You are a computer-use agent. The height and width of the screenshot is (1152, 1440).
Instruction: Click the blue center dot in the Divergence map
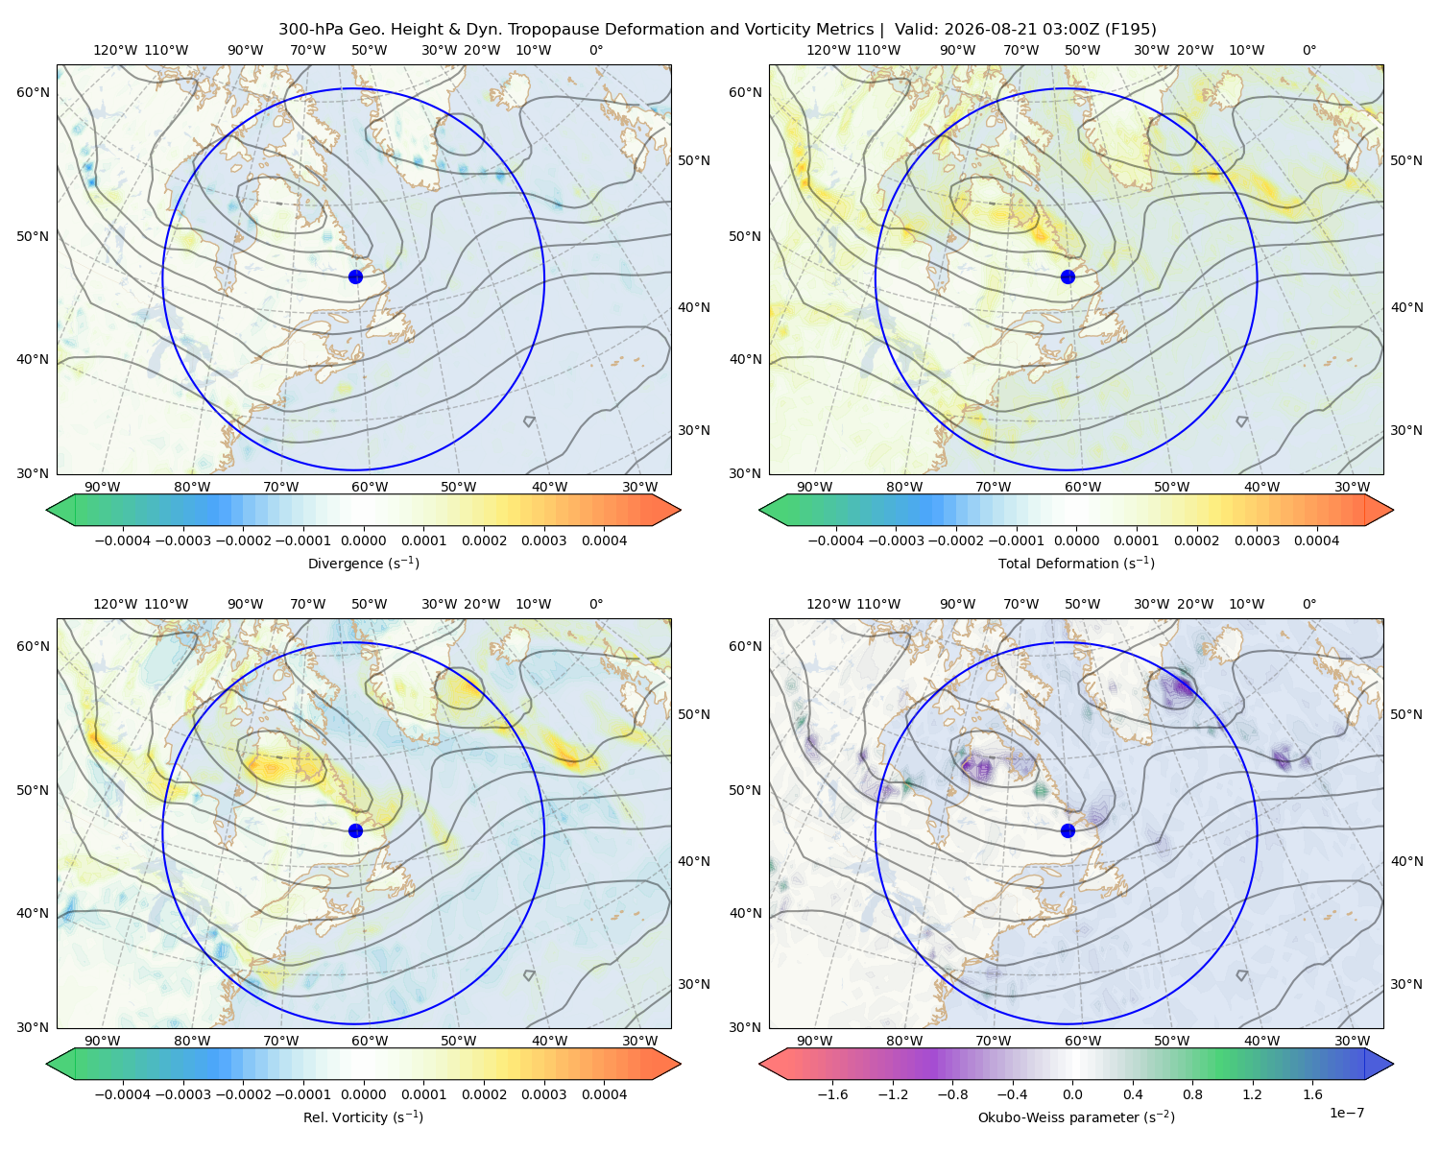click(x=355, y=276)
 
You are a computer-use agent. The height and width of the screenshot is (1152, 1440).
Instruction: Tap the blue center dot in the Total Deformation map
click(x=1068, y=276)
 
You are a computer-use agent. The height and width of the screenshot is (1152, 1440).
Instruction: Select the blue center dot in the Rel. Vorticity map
click(x=355, y=830)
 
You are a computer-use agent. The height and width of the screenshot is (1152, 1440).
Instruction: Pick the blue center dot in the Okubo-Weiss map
click(x=1068, y=830)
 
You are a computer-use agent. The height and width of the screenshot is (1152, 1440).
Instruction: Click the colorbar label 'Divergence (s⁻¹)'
click(x=363, y=563)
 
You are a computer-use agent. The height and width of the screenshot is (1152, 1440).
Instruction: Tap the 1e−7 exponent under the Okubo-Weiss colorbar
click(x=1346, y=1113)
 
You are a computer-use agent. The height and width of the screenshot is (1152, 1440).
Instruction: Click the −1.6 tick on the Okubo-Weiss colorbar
click(x=832, y=1093)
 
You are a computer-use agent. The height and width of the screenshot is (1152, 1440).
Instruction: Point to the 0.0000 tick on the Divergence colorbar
click(x=363, y=540)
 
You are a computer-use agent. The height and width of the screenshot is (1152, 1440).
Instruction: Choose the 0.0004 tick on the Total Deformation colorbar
click(x=1316, y=540)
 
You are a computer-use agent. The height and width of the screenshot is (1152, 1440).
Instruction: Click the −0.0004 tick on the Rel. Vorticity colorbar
click(x=123, y=1093)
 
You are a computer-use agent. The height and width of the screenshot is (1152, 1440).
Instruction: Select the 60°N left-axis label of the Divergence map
click(x=33, y=92)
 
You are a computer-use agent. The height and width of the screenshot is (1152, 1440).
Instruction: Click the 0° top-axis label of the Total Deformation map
click(x=1309, y=50)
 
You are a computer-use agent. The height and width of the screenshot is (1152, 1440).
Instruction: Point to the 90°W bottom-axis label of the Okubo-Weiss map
click(x=814, y=1041)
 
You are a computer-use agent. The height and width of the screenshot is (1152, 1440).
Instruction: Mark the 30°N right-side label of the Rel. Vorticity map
click(x=694, y=983)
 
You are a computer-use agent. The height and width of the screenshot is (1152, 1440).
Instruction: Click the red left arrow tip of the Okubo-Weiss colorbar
click(x=761, y=1064)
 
